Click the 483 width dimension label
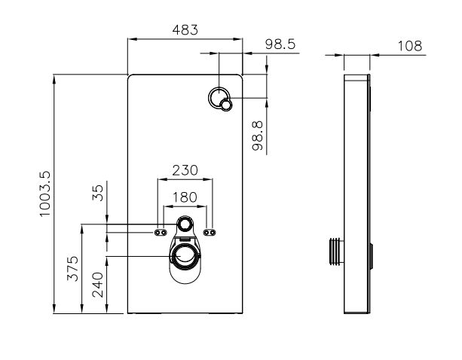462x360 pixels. (185, 29)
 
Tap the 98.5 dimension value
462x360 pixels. (280, 44)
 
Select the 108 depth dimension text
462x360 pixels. (410, 46)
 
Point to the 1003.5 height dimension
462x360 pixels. (45, 194)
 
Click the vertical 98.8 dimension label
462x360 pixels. (257, 136)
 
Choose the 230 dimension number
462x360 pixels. (185, 170)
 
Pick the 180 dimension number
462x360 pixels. (185, 197)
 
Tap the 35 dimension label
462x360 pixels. (98, 193)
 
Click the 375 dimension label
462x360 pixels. (73, 268)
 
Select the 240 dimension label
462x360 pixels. (98, 285)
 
